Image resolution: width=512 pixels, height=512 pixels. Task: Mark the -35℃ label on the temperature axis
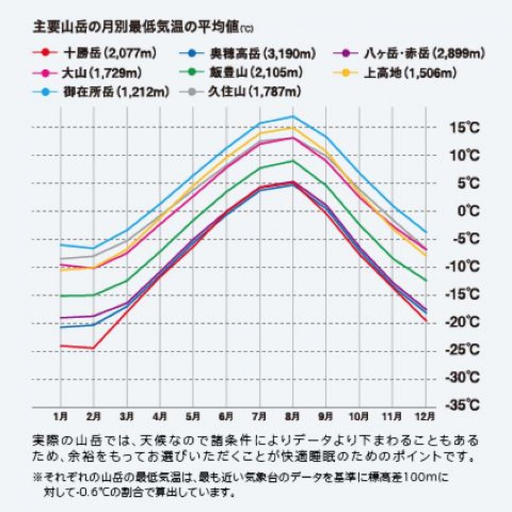[x=462, y=405]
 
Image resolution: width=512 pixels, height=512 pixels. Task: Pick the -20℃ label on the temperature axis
[x=462, y=322]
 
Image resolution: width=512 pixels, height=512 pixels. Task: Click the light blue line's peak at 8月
[x=292, y=116]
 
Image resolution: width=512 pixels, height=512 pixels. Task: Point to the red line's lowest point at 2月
[x=94, y=348]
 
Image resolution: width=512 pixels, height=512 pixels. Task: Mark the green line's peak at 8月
[x=292, y=161]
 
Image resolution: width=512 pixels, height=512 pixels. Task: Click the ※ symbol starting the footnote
[x=37, y=477]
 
